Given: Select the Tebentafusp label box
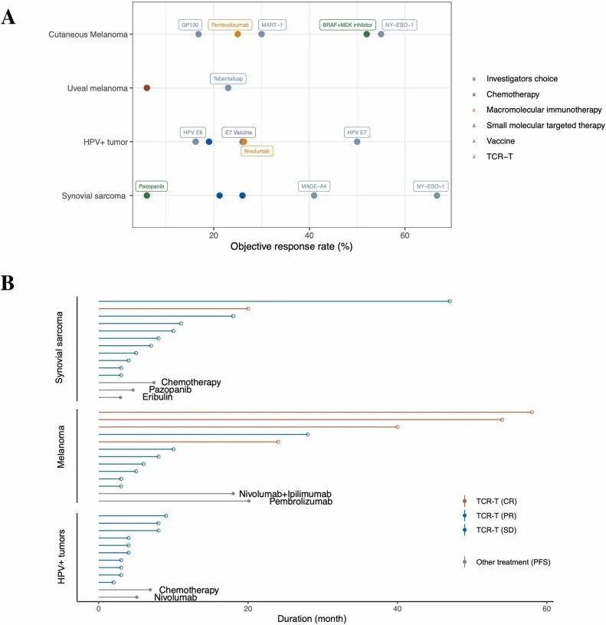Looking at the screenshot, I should tap(229, 78).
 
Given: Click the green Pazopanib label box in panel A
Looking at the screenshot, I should tap(152, 186).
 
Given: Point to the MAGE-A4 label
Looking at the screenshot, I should tap(314, 186).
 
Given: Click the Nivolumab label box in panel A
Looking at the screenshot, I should tap(257, 151).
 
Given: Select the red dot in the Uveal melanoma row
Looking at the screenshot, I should tap(146, 88).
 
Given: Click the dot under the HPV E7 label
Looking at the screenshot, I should tap(357, 142).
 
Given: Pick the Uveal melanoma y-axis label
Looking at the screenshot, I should tap(97, 88).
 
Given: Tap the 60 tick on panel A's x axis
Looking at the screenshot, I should tap(405, 234).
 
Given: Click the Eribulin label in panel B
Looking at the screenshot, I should tap(157, 397).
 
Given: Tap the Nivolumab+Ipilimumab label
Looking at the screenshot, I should tap(285, 494).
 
